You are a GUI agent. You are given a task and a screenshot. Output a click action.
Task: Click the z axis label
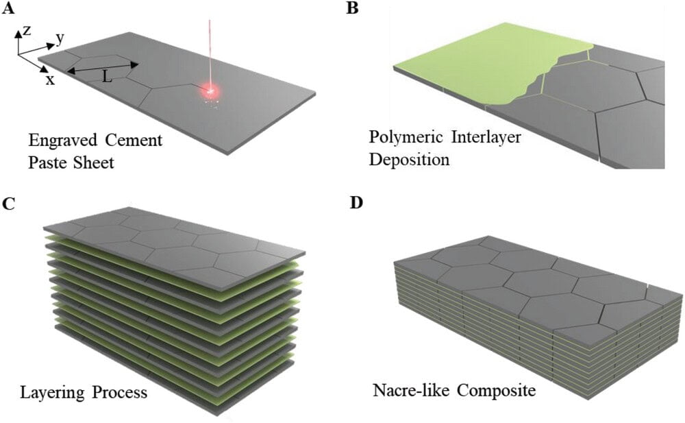point(26,32)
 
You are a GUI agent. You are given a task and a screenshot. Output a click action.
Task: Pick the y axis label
point(60,38)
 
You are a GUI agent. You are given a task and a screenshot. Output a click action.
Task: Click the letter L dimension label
point(107,77)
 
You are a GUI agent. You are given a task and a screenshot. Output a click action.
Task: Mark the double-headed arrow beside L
point(103,67)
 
